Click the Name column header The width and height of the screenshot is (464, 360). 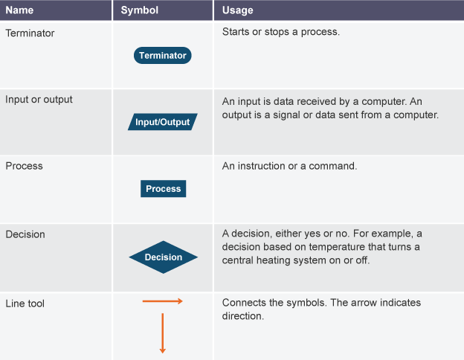pos(19,10)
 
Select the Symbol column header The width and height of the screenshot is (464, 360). pos(139,10)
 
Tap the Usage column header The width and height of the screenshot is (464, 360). pos(238,10)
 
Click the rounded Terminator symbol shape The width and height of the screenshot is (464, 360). pos(162,55)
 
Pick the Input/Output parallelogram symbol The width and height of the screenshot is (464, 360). pos(162,122)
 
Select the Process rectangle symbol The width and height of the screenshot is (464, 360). pos(164,189)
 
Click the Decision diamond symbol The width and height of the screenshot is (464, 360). pos(164,257)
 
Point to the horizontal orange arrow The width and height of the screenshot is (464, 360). pos(162,301)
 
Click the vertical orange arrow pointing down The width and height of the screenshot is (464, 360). pos(162,333)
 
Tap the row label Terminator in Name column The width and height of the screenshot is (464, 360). pos(30,33)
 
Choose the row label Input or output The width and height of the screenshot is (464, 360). pos(39,100)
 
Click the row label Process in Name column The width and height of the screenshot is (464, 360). pos(24,166)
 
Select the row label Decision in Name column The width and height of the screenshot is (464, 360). pos(25,234)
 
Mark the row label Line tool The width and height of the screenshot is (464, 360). pos(25,303)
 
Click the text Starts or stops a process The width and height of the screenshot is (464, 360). pos(281,32)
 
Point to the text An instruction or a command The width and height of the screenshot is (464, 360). pos(289,166)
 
